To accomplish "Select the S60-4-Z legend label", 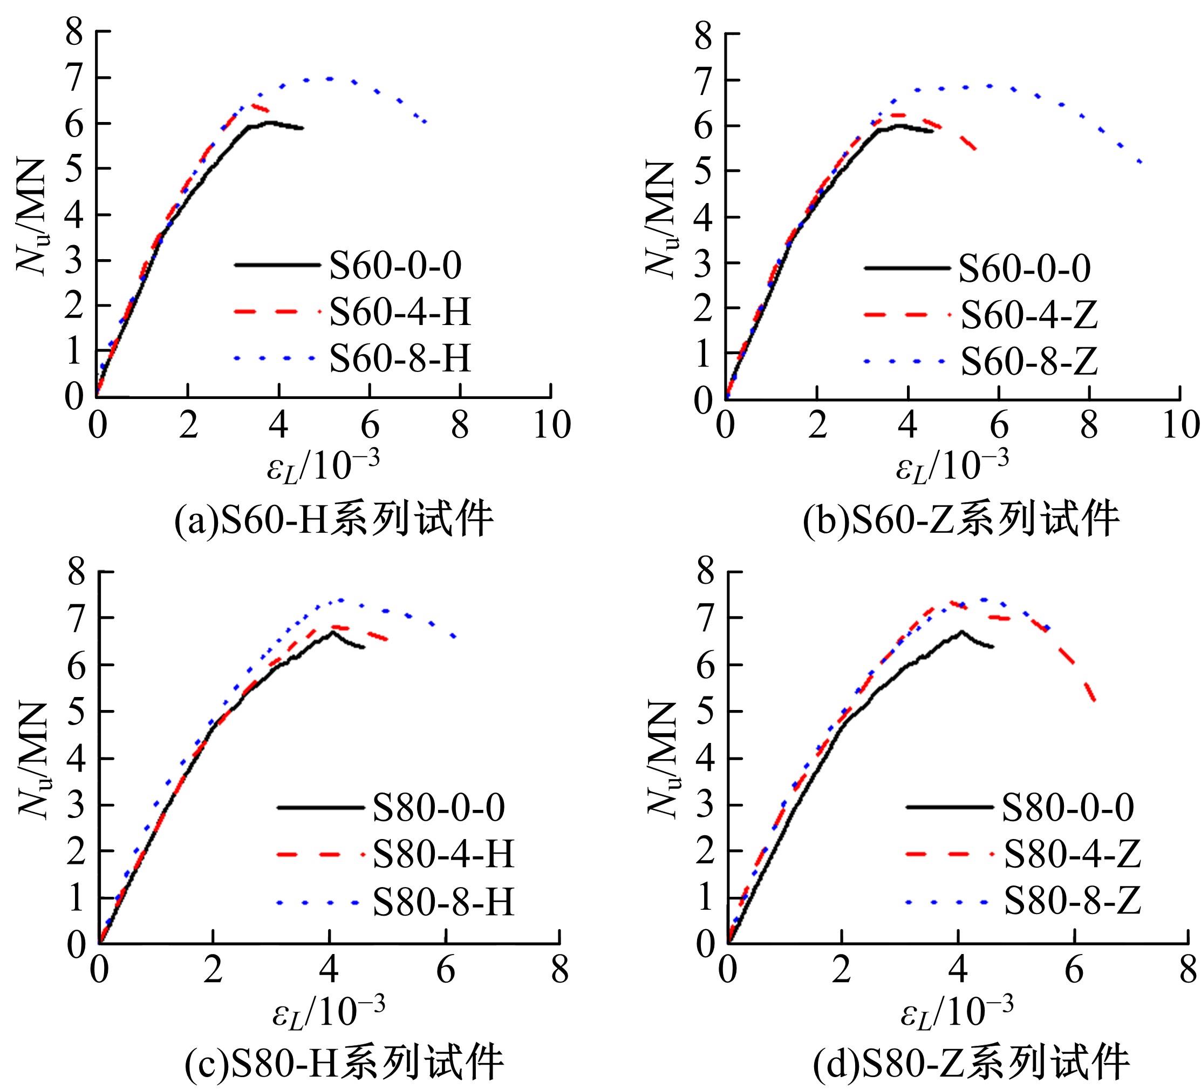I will (x=1029, y=315).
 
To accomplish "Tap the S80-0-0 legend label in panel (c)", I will (x=439, y=807).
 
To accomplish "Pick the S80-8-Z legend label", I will (x=1073, y=901).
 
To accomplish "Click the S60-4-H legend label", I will (x=400, y=311).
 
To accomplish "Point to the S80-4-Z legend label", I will (x=1073, y=854).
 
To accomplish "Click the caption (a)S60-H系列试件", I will (x=333, y=520).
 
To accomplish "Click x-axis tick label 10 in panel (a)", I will (x=551, y=425).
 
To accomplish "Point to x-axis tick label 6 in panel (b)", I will (x=999, y=426).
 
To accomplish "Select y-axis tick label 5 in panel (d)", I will (x=706, y=711).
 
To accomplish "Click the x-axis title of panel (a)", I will (x=323, y=466).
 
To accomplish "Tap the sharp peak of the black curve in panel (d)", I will (x=961, y=631).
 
